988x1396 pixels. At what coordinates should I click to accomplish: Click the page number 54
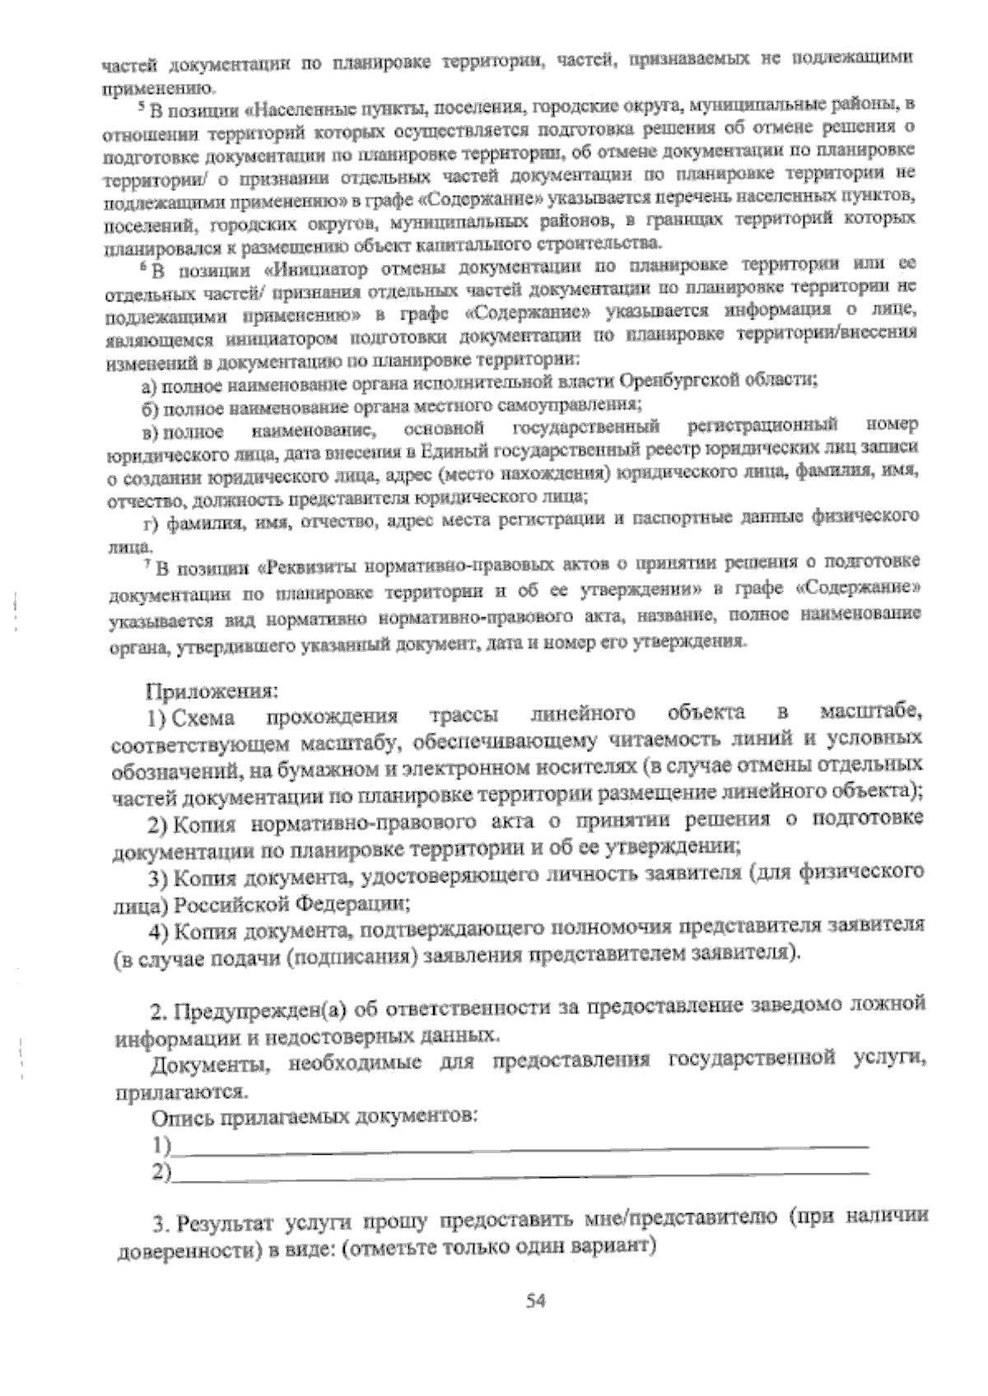(536, 1301)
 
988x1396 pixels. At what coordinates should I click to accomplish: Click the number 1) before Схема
(157, 718)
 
